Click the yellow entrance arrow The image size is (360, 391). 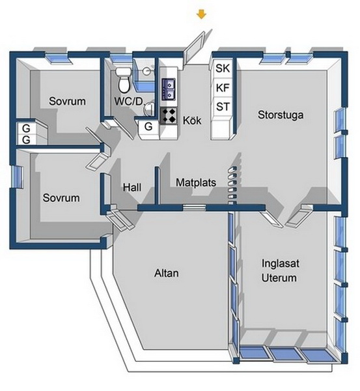(x=201, y=14)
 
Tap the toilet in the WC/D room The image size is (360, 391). (x=123, y=80)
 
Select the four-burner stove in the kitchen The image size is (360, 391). (x=169, y=116)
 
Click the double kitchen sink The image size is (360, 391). (x=169, y=89)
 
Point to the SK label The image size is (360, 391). (x=223, y=68)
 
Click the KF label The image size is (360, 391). (x=223, y=88)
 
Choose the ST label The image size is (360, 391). (x=223, y=107)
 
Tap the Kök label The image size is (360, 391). (x=192, y=120)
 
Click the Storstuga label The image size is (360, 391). (x=281, y=115)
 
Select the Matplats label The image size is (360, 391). (x=196, y=182)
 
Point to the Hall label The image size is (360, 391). (x=132, y=187)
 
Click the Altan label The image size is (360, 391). (x=167, y=273)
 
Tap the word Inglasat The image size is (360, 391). (x=281, y=263)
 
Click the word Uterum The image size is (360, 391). (x=279, y=278)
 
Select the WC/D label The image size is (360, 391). (x=128, y=101)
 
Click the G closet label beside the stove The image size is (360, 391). (x=148, y=126)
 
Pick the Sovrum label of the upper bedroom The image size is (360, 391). (x=67, y=101)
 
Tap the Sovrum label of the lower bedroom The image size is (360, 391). (x=61, y=197)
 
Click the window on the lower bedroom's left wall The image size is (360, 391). (x=17, y=177)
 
